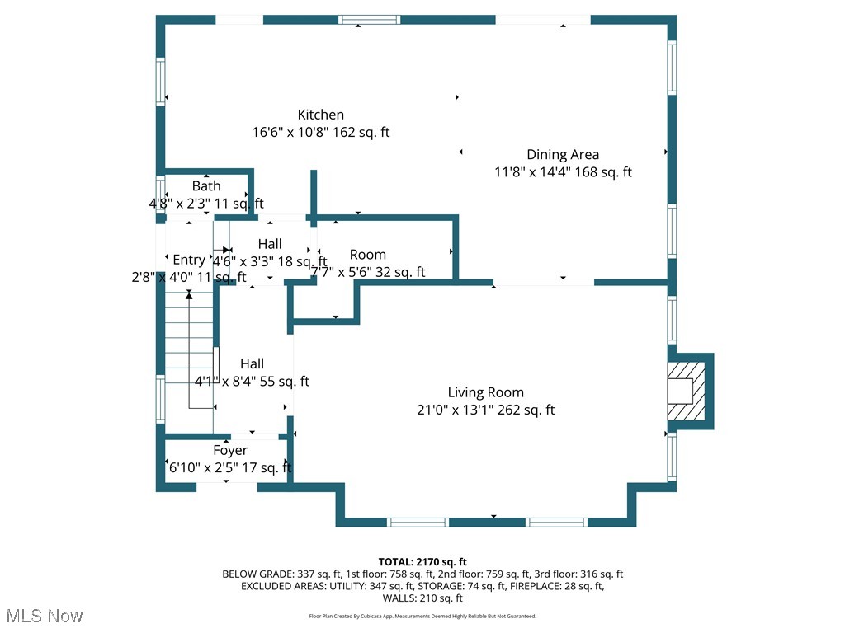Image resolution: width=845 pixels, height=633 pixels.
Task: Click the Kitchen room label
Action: coord(321,115)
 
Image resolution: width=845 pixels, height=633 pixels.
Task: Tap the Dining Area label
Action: coord(563,154)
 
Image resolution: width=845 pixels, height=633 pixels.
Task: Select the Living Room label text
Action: coord(485,392)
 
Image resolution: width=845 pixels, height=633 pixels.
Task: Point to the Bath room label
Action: coord(206,186)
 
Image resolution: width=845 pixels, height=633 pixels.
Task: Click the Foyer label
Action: coord(230,451)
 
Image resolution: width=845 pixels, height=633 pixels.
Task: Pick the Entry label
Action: coord(189,260)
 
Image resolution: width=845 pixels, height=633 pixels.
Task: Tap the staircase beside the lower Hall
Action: coord(189,354)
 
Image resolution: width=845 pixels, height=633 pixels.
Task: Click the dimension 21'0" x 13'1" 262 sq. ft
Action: coord(485,410)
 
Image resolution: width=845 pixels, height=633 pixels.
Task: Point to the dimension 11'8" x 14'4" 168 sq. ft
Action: coord(563,172)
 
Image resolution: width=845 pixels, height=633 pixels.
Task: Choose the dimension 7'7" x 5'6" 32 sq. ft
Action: coord(367,272)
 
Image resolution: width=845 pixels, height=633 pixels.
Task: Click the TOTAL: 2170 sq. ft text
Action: coord(422,562)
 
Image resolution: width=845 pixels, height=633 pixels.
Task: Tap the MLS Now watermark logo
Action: coord(44,616)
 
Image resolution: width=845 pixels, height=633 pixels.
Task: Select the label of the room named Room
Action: coord(367,255)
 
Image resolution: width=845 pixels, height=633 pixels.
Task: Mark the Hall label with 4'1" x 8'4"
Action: coord(252,363)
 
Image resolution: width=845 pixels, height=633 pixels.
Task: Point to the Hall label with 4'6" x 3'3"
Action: coord(270,244)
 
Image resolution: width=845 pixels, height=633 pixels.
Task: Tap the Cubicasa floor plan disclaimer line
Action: coord(422,616)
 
